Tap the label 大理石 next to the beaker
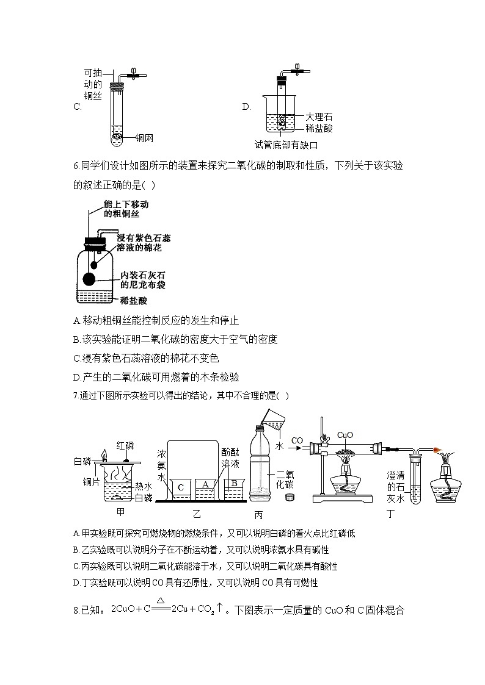319,117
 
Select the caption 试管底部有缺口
286,145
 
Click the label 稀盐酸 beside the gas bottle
134,301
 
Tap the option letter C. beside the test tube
77,107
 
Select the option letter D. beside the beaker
246,107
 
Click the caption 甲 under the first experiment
120,512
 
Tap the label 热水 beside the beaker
144,486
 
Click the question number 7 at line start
75,395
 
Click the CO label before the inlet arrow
297,440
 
